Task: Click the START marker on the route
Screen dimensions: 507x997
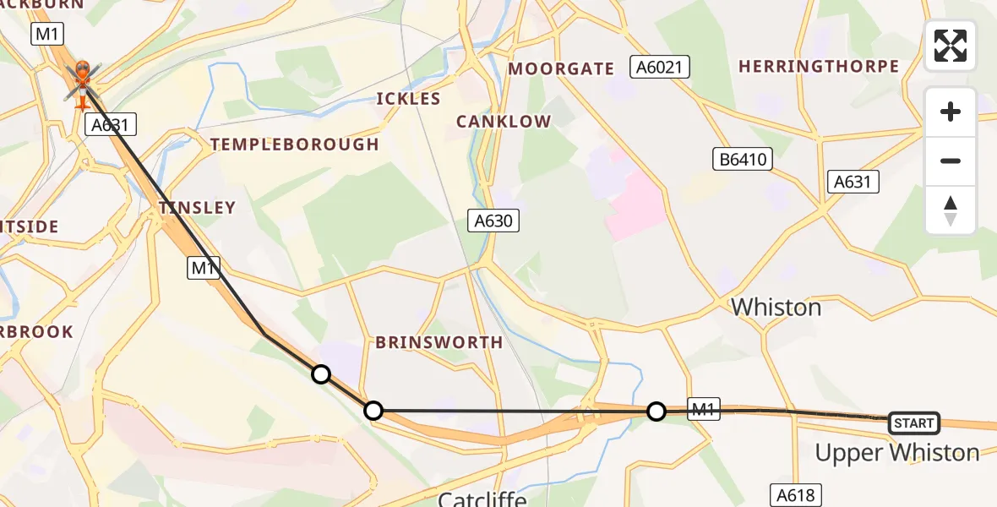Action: coord(914,422)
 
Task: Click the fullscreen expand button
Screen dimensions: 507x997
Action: coord(951,46)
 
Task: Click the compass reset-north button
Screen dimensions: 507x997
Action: coord(951,210)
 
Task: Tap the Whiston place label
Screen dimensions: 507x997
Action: coord(776,307)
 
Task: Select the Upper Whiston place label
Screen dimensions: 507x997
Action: coord(896,453)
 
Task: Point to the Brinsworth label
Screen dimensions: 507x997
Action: coord(439,342)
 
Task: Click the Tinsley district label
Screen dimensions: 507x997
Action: coord(198,207)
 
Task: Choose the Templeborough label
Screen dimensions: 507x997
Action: coord(294,144)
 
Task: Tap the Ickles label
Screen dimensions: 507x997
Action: coord(408,99)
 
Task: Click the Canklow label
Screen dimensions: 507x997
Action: coord(503,122)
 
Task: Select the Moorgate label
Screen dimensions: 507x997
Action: coord(561,69)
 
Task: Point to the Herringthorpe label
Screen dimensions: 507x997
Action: coord(818,66)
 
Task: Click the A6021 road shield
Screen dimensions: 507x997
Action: coord(660,67)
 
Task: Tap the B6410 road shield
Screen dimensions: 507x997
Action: coord(742,159)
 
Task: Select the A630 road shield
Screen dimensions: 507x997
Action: coord(493,221)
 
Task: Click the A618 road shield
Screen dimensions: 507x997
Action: coord(795,494)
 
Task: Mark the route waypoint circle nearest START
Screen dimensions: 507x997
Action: coord(656,412)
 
